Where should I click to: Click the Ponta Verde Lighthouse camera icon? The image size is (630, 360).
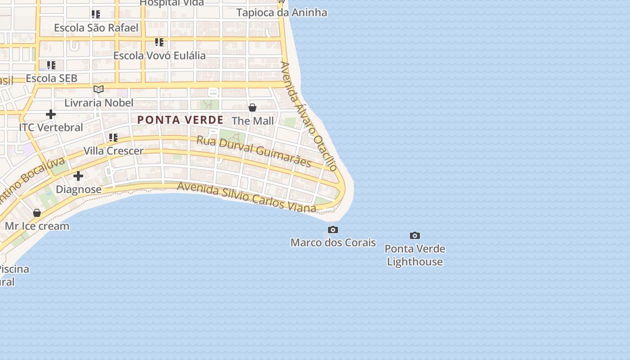pyautogui.click(x=414, y=235)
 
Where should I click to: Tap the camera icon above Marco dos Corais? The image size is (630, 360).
pyautogui.click(x=333, y=230)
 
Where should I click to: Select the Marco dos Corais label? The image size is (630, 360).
pyautogui.click(x=333, y=243)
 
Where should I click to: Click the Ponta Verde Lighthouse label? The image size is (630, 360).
pyautogui.click(x=414, y=255)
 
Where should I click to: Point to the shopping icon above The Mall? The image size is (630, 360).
pyautogui.click(x=252, y=108)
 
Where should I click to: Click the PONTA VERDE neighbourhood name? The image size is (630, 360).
pyautogui.click(x=180, y=120)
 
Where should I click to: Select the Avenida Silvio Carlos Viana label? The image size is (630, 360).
pyautogui.click(x=247, y=197)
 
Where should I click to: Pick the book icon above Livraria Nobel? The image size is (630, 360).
pyautogui.click(x=99, y=89)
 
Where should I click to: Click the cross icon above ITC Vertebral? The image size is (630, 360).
pyautogui.click(x=51, y=114)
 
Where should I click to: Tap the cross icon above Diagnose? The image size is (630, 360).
pyautogui.click(x=78, y=176)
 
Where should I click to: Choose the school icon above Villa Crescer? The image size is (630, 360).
pyautogui.click(x=113, y=137)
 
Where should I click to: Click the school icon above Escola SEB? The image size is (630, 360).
pyautogui.click(x=51, y=65)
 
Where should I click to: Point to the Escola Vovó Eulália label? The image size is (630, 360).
pyautogui.click(x=159, y=55)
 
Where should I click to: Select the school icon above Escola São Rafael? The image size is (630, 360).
pyautogui.click(x=96, y=14)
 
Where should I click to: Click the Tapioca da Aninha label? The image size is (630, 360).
pyautogui.click(x=282, y=13)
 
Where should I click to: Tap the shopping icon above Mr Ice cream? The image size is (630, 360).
pyautogui.click(x=37, y=213)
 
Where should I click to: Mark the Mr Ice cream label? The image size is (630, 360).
pyautogui.click(x=37, y=226)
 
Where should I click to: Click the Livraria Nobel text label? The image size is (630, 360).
pyautogui.click(x=99, y=103)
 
